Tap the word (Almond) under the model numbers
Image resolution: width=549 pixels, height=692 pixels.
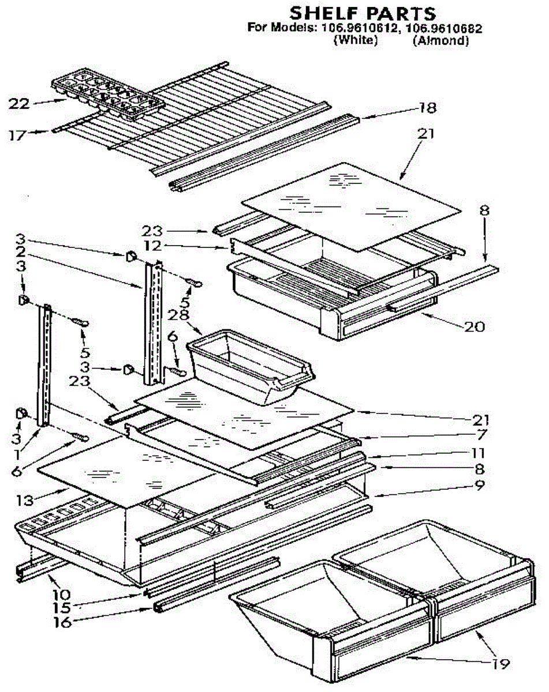click(440, 41)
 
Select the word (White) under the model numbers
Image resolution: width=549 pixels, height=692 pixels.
click(356, 41)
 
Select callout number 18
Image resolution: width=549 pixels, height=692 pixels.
click(428, 107)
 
